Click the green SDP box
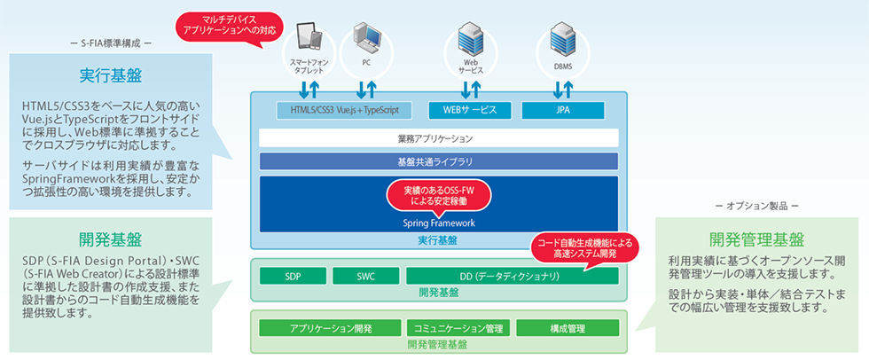(294, 276)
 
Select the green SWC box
(364, 276)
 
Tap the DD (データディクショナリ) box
(513, 276)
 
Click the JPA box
(563, 111)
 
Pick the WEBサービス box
(470, 111)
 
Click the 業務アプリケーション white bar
(439, 138)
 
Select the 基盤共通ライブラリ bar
(439, 161)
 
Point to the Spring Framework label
(440, 223)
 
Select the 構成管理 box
(567, 328)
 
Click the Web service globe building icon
(469, 40)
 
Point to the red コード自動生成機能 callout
(581, 247)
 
